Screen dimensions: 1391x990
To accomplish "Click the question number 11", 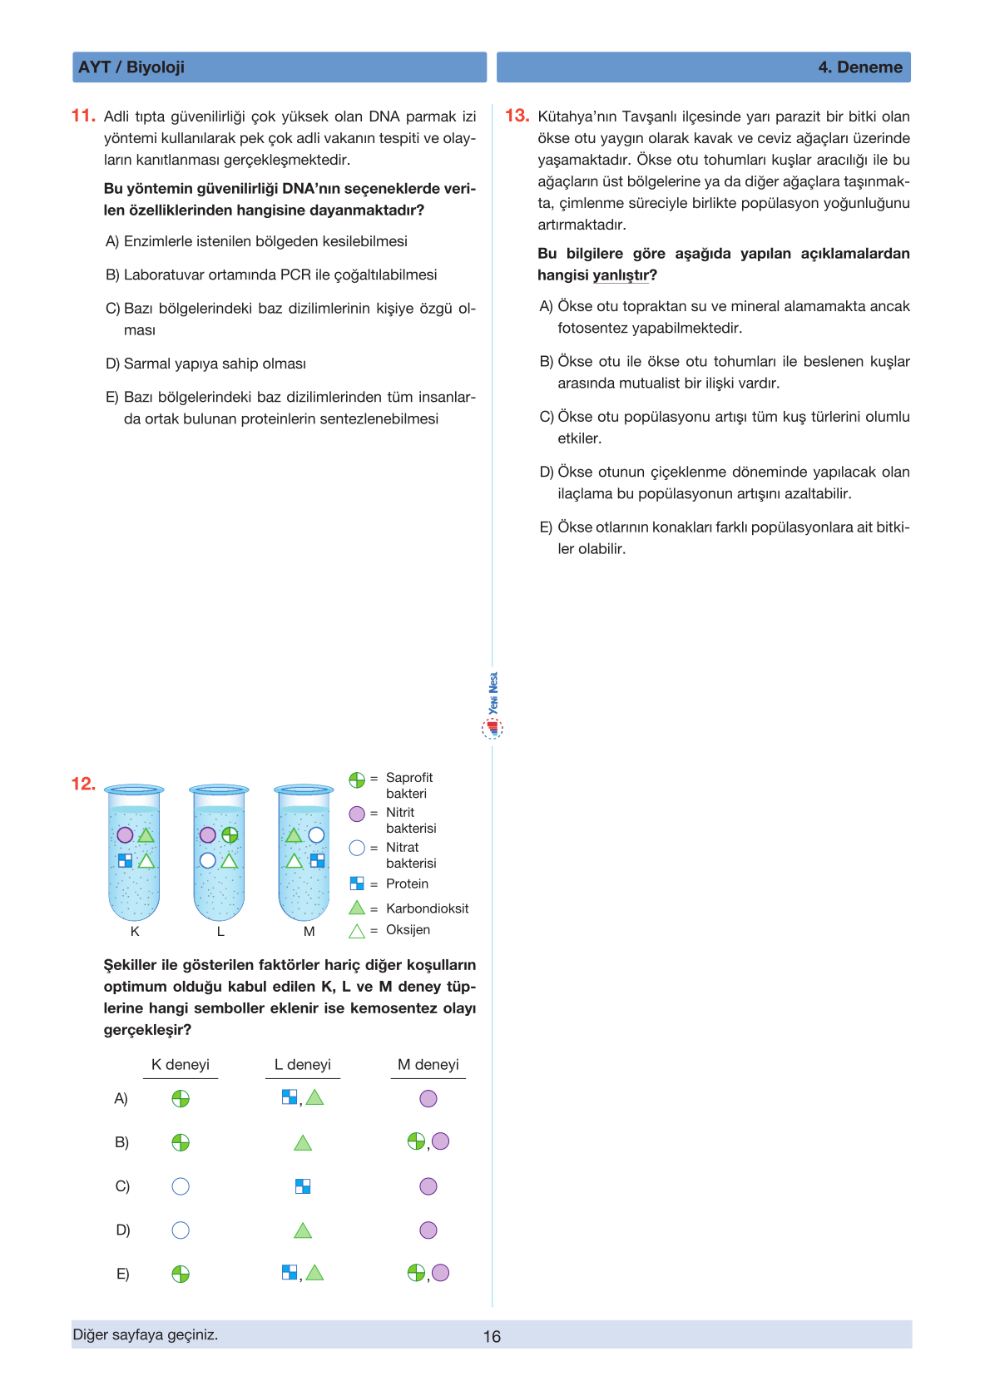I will click(x=83, y=116).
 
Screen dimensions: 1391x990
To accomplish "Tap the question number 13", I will click(x=517, y=116).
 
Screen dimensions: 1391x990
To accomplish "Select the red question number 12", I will click(x=83, y=784).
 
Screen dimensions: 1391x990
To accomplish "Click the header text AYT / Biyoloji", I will click(x=131, y=67).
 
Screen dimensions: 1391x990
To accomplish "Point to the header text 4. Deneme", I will click(x=860, y=67).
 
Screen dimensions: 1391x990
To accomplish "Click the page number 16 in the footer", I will click(x=492, y=1336).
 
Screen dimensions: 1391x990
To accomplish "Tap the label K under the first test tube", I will click(x=135, y=932).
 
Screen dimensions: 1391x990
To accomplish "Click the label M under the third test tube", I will click(x=309, y=932).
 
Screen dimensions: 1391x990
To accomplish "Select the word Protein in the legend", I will click(x=407, y=884).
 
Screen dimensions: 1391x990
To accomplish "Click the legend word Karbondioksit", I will click(x=427, y=908).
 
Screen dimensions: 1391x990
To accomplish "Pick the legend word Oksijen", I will click(x=408, y=930).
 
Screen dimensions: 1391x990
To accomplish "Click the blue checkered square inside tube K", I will click(x=125, y=860).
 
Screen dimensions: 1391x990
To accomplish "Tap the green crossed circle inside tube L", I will click(x=230, y=834).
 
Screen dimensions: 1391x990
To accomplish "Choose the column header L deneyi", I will click(x=303, y=1065).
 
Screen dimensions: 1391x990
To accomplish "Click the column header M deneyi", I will click(x=428, y=1065).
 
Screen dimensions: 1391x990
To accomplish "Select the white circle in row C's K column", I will click(x=181, y=1186).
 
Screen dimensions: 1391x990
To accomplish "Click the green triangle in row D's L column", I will click(x=303, y=1230).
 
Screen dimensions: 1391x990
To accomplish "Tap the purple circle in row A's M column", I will click(x=428, y=1099).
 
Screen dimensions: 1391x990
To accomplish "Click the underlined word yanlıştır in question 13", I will click(x=621, y=275).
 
